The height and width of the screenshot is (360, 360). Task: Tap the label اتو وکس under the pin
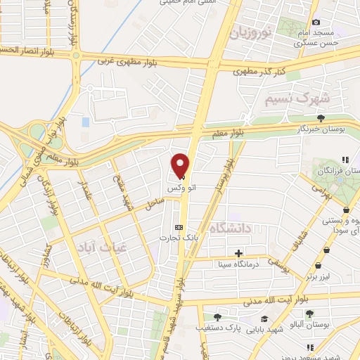[x=176, y=190]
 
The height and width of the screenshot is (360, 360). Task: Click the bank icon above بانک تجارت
[x=179, y=227]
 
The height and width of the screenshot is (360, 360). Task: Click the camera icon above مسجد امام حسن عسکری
[x=316, y=23]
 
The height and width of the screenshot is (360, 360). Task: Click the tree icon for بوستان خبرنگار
[x=321, y=118]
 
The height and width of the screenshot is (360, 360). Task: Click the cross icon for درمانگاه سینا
[x=239, y=252]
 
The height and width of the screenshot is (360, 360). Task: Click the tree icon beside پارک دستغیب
[x=217, y=317]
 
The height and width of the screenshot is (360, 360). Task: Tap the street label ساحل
[x=154, y=203]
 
